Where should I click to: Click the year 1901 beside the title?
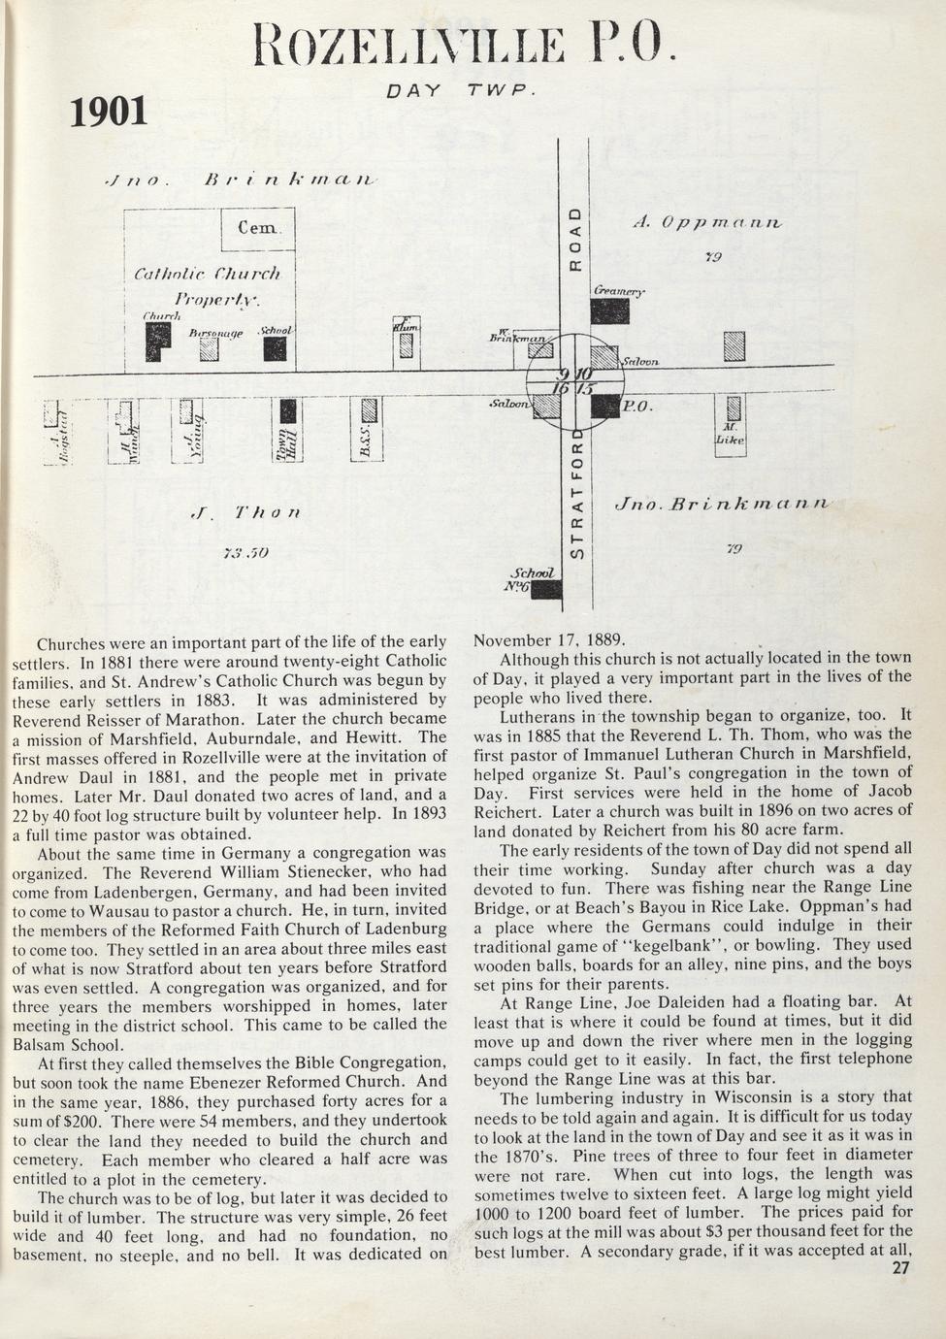tap(110, 113)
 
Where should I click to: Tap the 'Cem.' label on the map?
tap(259, 229)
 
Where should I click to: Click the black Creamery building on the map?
tap(609, 310)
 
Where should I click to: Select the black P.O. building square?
tap(604, 406)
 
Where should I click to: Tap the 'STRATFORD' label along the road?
tap(575, 495)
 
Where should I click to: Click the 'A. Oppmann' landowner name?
tap(706, 222)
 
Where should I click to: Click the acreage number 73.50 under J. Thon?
tap(245, 554)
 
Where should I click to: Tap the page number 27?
tap(900, 1267)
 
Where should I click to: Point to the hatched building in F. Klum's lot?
tap(407, 345)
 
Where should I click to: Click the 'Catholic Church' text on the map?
tap(208, 275)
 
